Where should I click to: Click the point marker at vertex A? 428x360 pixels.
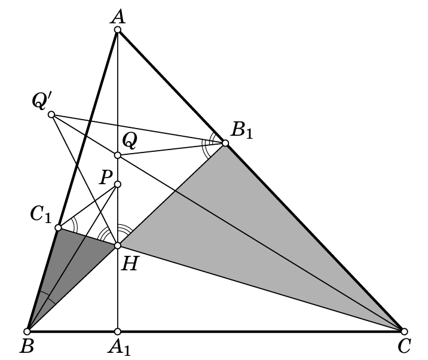click(x=117, y=29)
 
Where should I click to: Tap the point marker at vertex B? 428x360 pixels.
click(x=27, y=331)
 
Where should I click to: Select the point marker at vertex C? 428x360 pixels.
click(x=404, y=331)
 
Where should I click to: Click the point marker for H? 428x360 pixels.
click(x=117, y=246)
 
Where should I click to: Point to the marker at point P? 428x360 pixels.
click(x=117, y=184)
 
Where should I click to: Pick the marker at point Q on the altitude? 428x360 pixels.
click(x=117, y=155)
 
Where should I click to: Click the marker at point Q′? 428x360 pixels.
click(x=51, y=114)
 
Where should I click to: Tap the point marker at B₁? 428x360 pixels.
click(x=225, y=143)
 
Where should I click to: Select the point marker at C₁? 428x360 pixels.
click(x=58, y=227)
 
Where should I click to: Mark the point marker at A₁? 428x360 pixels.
click(x=117, y=331)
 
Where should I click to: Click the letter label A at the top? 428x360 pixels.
click(x=118, y=17)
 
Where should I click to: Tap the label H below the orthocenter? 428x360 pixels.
click(x=129, y=264)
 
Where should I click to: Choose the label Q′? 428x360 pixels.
click(x=39, y=101)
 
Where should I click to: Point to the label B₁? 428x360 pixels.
click(x=242, y=130)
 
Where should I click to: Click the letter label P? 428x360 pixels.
click(x=106, y=178)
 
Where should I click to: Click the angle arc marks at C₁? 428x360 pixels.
click(x=73, y=225)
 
